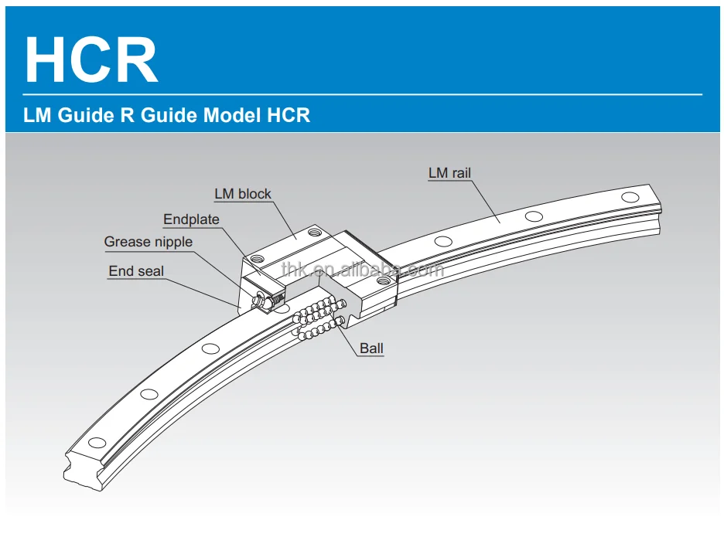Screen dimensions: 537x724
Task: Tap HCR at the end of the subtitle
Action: tap(289, 116)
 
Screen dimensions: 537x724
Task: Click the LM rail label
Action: tap(449, 173)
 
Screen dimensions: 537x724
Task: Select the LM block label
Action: tap(243, 194)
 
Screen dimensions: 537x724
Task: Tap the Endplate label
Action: tap(191, 219)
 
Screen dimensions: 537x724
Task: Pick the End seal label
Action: tap(136, 270)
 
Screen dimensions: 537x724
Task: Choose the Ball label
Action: tap(371, 348)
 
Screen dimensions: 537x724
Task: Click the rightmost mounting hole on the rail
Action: tap(630, 198)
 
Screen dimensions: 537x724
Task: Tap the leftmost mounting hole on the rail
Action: tap(97, 443)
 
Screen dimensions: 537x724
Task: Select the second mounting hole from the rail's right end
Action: tap(533, 216)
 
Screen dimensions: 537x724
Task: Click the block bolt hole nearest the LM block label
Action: tap(312, 230)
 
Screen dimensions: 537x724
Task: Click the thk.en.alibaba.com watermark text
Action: tap(362, 269)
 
